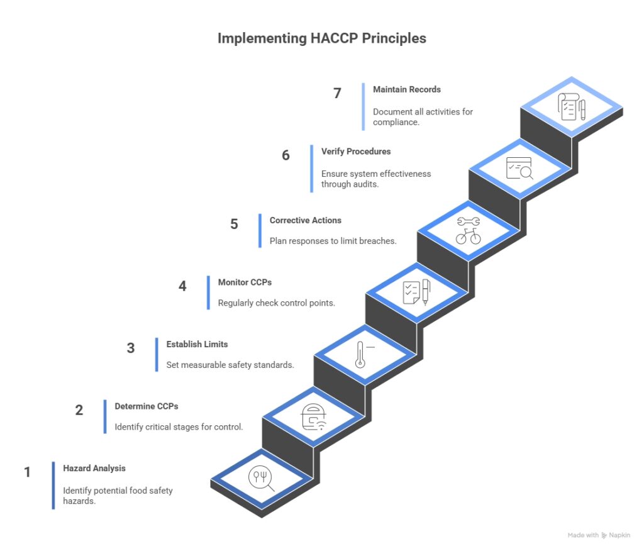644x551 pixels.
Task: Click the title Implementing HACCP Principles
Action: (321, 38)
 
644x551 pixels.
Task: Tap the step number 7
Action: (337, 93)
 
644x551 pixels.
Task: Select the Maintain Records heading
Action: (406, 89)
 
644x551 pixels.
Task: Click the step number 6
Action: (286, 155)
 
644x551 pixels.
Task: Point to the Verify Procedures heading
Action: (355, 152)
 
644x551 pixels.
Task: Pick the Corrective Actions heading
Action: (305, 221)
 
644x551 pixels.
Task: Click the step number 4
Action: (182, 286)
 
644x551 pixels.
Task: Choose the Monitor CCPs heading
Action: (245, 282)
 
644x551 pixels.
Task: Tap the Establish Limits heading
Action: (197, 344)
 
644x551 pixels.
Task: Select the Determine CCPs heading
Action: (146, 406)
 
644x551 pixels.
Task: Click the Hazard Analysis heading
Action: (94, 468)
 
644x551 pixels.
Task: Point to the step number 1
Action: (27, 472)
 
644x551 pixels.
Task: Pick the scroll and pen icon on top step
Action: (572, 106)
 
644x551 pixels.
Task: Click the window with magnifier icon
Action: (519, 168)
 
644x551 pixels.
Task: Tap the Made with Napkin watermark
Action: (597, 535)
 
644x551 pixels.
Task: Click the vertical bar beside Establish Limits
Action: (157, 355)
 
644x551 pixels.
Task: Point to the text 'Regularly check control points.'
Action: (276, 303)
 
